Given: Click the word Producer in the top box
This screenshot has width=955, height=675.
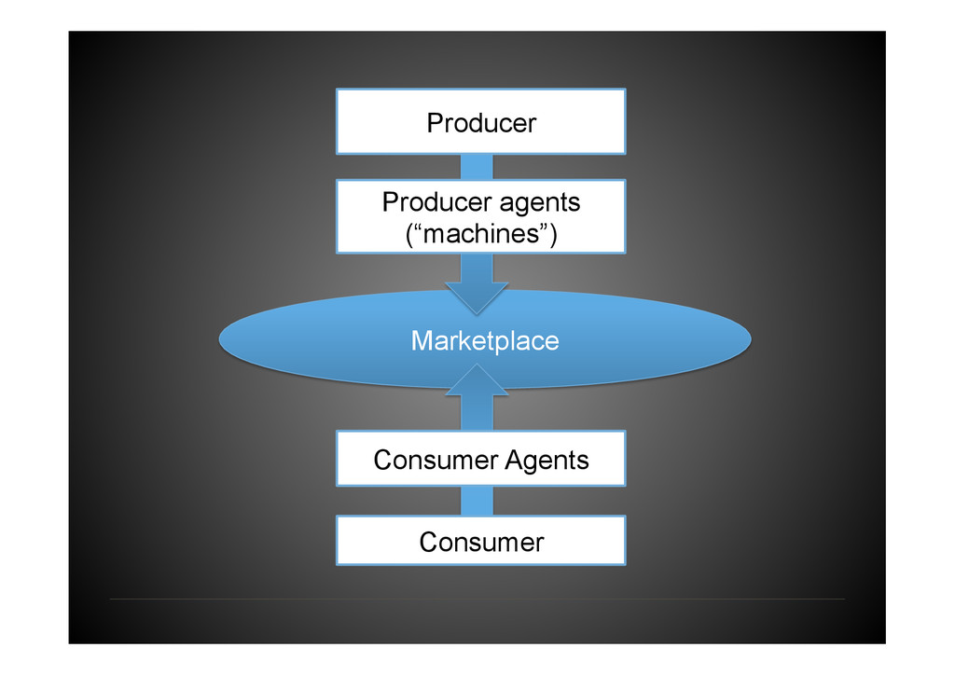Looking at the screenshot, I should coord(481,122).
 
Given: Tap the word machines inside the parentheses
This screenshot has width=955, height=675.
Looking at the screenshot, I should coord(481,234).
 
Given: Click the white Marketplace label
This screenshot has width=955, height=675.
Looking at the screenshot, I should coord(485,341).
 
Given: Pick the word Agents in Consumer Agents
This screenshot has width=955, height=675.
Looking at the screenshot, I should coord(547,460).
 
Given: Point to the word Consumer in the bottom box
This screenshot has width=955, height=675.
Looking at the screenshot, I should coord(481,542).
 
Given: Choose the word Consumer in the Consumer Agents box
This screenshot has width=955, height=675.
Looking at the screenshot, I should coord(436,460).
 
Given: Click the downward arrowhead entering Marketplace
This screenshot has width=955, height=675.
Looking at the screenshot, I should coord(477,296).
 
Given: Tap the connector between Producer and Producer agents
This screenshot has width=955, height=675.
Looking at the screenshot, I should coord(477,167).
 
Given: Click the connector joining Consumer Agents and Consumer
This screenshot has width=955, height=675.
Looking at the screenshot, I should coord(477,501).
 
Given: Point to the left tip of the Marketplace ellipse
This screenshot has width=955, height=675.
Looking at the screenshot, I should coord(222,339).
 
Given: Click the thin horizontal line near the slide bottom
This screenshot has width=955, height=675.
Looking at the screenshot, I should coord(477,599).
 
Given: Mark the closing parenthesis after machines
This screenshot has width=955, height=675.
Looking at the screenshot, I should coord(553,235).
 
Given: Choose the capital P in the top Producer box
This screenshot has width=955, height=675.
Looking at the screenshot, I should coord(435,122).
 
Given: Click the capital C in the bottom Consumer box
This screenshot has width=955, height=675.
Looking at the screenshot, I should coord(428,542).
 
